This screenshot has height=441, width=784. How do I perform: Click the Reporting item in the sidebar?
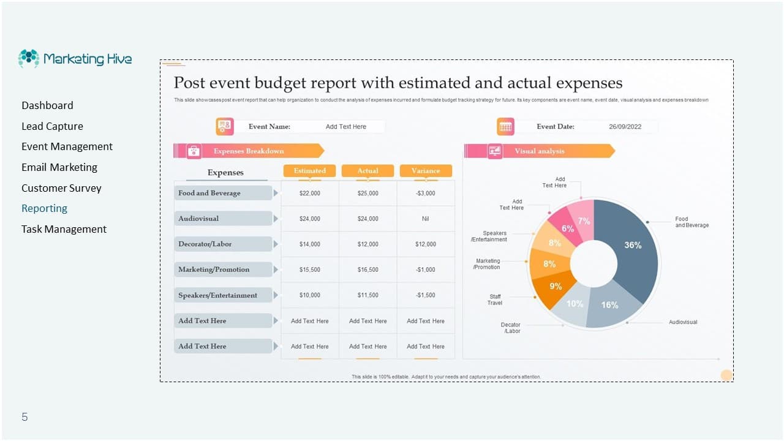(44, 208)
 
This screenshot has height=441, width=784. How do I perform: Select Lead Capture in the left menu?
(52, 126)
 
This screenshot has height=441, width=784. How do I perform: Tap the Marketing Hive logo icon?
(29, 59)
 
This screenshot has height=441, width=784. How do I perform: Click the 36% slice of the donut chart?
(631, 245)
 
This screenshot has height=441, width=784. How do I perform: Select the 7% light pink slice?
(584, 221)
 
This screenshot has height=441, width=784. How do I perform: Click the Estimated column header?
(309, 171)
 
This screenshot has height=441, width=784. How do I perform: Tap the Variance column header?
(426, 171)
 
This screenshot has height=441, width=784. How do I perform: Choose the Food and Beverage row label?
(209, 193)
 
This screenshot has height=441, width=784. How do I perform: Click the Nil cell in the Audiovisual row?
(426, 219)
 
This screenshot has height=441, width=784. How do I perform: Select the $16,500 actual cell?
(367, 269)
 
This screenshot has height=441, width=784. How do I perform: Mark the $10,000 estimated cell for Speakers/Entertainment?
(309, 295)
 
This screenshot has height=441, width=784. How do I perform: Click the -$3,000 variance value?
(426, 193)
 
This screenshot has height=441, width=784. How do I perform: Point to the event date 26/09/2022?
(625, 127)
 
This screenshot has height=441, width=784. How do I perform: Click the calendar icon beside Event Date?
(505, 127)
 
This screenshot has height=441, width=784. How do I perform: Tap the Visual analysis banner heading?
(539, 151)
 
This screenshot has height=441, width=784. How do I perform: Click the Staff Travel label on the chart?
(495, 300)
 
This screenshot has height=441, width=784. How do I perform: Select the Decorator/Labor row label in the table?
(205, 244)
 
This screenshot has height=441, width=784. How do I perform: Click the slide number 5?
(24, 417)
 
